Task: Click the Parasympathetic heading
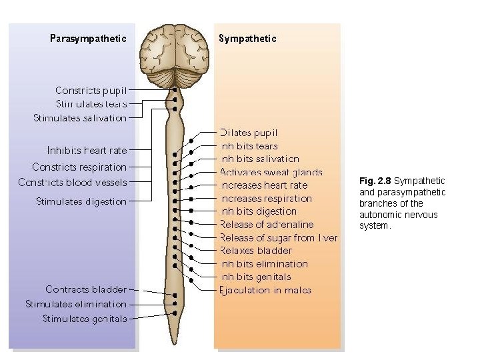pyautogui.click(x=88, y=39)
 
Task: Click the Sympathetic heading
pyautogui.click(x=247, y=39)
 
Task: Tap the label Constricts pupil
pyautogui.click(x=91, y=90)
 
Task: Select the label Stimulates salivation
pyautogui.click(x=80, y=118)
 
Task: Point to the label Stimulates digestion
pyautogui.click(x=81, y=201)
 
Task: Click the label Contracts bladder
pyautogui.click(x=86, y=289)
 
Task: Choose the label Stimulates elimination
pyautogui.click(x=76, y=304)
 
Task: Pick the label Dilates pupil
pyautogui.click(x=249, y=133)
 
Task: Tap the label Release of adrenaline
pyautogui.click(x=267, y=225)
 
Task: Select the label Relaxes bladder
pyautogui.click(x=256, y=251)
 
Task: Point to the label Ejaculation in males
pyautogui.click(x=265, y=290)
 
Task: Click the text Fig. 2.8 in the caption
pyautogui.click(x=375, y=181)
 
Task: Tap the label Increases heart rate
pyautogui.click(x=264, y=185)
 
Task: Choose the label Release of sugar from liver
pyautogui.click(x=279, y=238)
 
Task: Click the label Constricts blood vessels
pyautogui.click(x=73, y=182)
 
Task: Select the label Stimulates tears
pyautogui.click(x=91, y=104)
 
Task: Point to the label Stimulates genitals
pyautogui.click(x=85, y=319)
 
